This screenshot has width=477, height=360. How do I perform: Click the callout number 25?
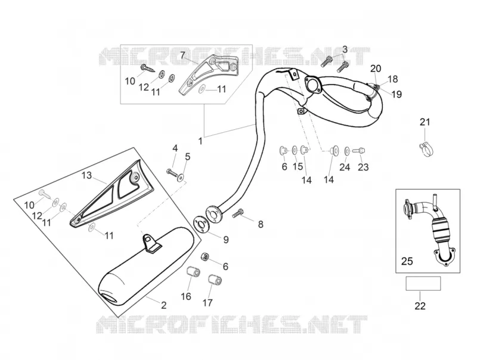(x=407, y=261)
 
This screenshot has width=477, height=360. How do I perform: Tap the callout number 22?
(x=420, y=306)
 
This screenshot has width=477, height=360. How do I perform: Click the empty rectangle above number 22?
(x=423, y=283)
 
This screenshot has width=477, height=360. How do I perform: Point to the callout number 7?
(x=182, y=55)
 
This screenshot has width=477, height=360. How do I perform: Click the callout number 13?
(x=86, y=175)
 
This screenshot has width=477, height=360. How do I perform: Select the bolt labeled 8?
(x=238, y=213)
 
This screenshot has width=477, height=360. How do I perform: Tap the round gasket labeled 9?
(x=201, y=225)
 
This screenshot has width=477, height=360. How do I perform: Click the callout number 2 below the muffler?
(x=163, y=305)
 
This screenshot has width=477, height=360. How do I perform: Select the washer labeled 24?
(x=347, y=150)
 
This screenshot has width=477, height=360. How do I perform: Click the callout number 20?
(x=376, y=69)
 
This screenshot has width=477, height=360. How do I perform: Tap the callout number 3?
(x=345, y=49)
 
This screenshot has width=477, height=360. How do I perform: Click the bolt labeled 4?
(x=172, y=173)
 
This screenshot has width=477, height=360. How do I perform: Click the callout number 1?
(x=200, y=141)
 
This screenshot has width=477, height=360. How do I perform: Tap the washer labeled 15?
(x=295, y=150)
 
